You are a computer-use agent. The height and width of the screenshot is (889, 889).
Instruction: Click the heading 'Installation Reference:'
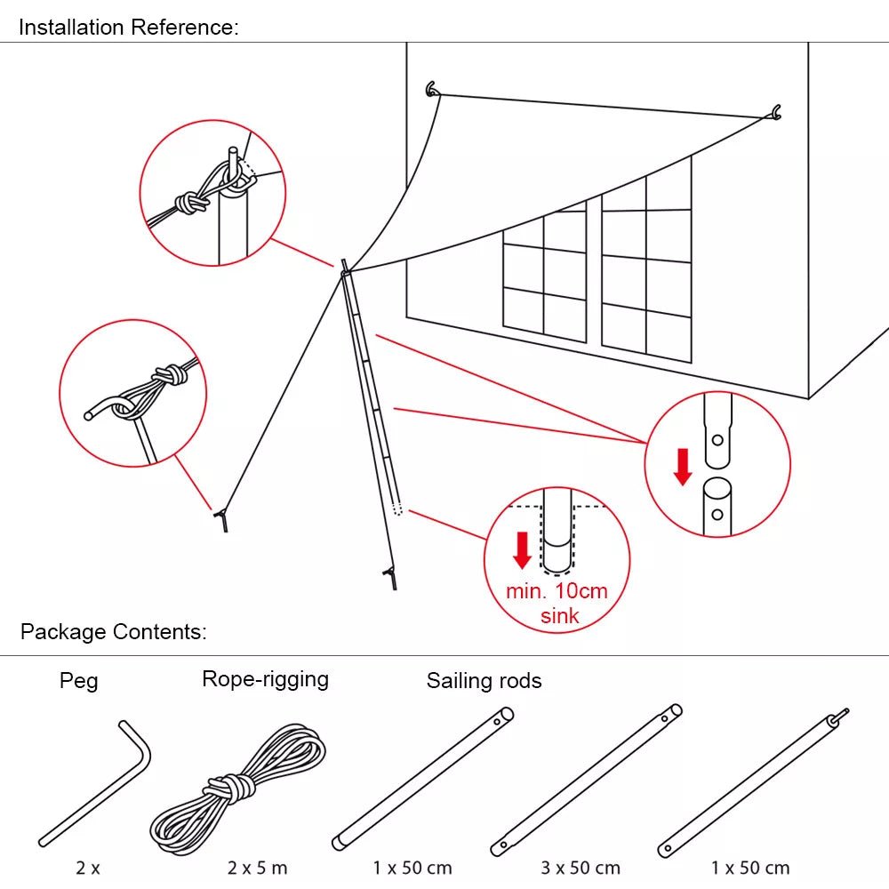(128, 28)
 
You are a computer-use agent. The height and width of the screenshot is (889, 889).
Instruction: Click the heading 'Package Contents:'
(113, 632)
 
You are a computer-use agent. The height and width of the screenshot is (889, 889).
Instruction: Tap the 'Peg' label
(78, 681)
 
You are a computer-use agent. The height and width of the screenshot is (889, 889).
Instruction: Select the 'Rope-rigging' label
(265, 679)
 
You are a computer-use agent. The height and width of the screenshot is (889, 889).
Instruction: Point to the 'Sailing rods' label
(484, 681)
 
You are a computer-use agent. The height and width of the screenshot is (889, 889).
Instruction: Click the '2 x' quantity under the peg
(87, 868)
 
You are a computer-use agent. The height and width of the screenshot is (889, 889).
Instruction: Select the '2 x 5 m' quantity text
(257, 868)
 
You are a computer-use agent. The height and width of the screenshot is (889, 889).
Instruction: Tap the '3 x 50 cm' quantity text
(581, 868)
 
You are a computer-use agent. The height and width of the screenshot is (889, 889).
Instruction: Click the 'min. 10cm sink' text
(557, 603)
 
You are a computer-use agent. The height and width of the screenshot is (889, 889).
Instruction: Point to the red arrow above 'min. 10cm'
(523, 549)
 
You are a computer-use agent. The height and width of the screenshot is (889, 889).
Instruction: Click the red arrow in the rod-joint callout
(682, 467)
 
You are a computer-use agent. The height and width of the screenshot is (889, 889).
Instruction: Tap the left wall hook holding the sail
(432, 89)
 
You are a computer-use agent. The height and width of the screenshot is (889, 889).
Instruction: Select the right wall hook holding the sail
(776, 112)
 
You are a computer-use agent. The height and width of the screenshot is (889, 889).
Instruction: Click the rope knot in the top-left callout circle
(190, 203)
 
